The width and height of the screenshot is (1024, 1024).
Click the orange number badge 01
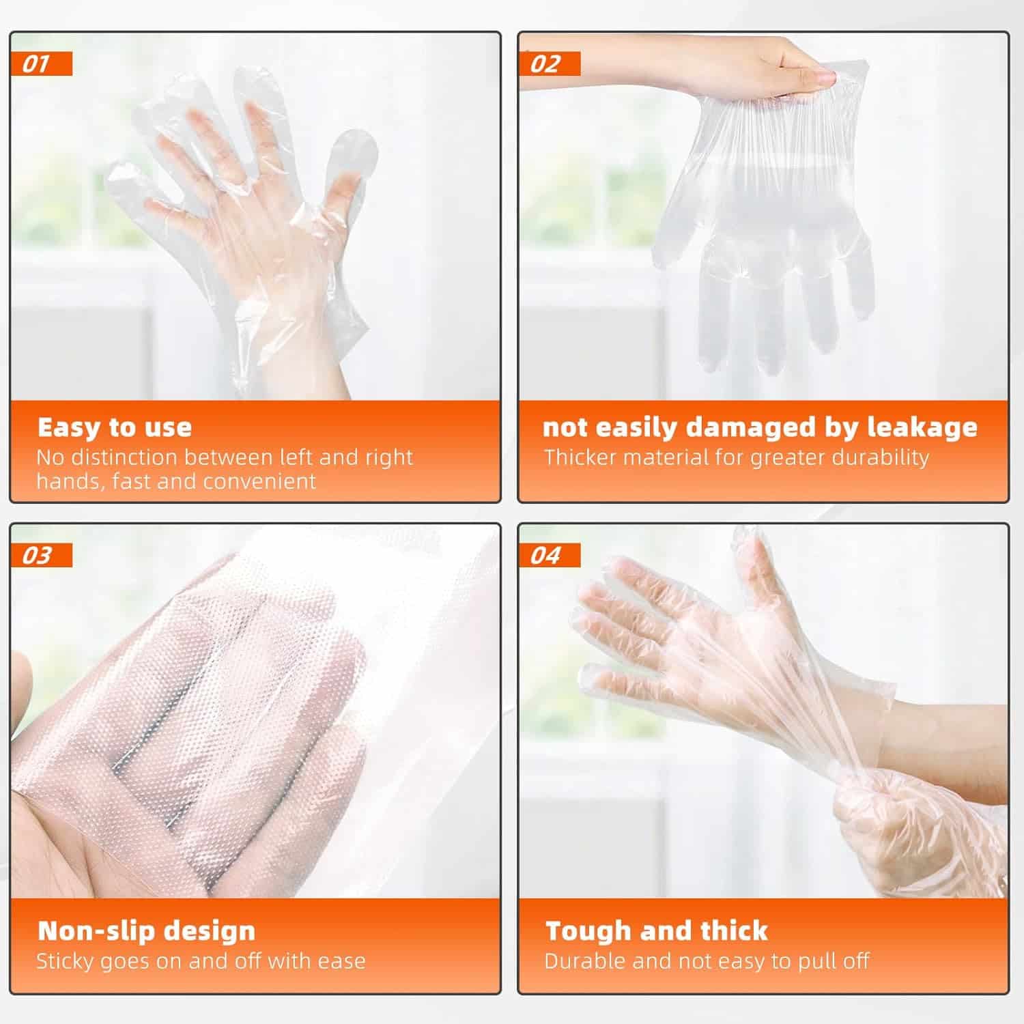click(42, 64)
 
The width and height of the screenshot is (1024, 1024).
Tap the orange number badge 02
click(550, 64)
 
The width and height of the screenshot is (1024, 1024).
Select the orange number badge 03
click(42, 556)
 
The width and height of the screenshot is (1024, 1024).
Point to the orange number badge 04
click(550, 556)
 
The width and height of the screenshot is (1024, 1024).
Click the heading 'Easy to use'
click(115, 427)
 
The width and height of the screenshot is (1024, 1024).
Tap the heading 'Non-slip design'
click(146, 931)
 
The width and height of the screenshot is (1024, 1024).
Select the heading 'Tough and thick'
click(657, 931)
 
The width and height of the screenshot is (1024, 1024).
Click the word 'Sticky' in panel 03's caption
click(66, 962)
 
